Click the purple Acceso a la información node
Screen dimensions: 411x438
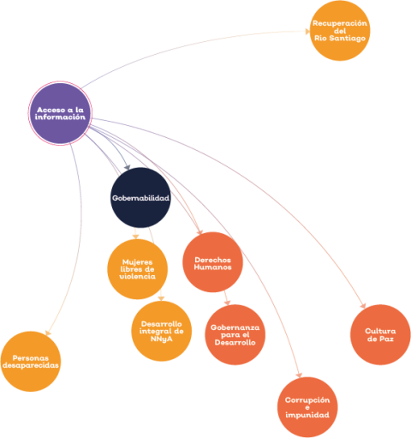point(60,113)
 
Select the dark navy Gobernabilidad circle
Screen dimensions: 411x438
point(140,198)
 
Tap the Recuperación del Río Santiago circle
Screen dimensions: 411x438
point(340,31)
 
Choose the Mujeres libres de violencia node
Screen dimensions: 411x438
point(138,269)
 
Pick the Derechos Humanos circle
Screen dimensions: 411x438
point(212,262)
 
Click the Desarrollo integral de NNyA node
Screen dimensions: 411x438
point(162,331)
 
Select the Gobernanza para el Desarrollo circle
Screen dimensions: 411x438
point(235,335)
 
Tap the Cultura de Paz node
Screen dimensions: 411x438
point(380,335)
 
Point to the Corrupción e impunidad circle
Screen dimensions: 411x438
point(307,407)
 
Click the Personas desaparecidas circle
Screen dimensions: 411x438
point(31,362)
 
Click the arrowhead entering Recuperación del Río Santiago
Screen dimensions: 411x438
point(307,32)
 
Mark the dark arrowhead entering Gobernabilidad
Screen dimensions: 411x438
point(128,167)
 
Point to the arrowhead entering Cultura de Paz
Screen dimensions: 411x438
point(363,306)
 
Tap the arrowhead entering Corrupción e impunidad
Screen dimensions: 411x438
point(299,375)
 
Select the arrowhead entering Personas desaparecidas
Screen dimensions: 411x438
point(48,333)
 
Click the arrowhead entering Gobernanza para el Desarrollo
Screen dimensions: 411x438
point(228,303)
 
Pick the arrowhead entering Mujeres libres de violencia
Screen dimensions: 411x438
point(136,237)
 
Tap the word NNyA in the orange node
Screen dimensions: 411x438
point(162,339)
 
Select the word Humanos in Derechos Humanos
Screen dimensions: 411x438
point(212,267)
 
